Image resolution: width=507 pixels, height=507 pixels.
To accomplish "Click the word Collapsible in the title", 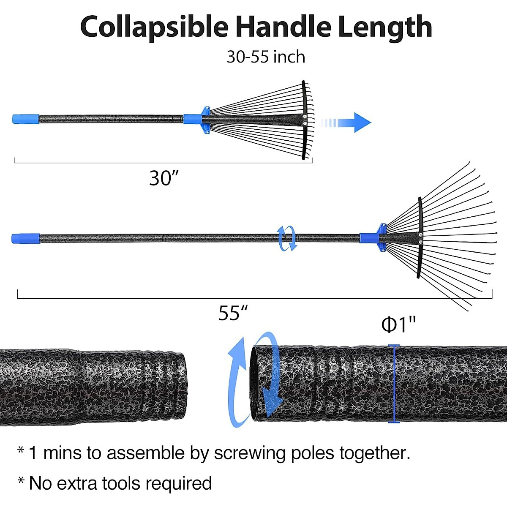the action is (154, 27).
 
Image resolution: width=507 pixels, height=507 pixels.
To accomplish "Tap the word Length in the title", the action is (384, 27).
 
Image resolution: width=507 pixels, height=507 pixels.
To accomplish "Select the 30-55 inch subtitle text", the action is (266, 57).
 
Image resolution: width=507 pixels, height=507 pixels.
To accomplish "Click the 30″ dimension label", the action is (165, 178).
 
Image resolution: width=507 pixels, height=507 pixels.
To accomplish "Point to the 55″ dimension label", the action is (232, 313).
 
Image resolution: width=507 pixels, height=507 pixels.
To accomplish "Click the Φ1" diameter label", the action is (398, 325).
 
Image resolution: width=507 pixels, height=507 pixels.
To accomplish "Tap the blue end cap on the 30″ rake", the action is (25, 119).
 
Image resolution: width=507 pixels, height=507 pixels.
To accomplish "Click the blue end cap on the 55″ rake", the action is (25, 238).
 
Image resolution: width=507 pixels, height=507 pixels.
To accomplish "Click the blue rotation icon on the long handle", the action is (287, 238).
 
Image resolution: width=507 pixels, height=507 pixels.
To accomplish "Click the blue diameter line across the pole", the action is (394, 384).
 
